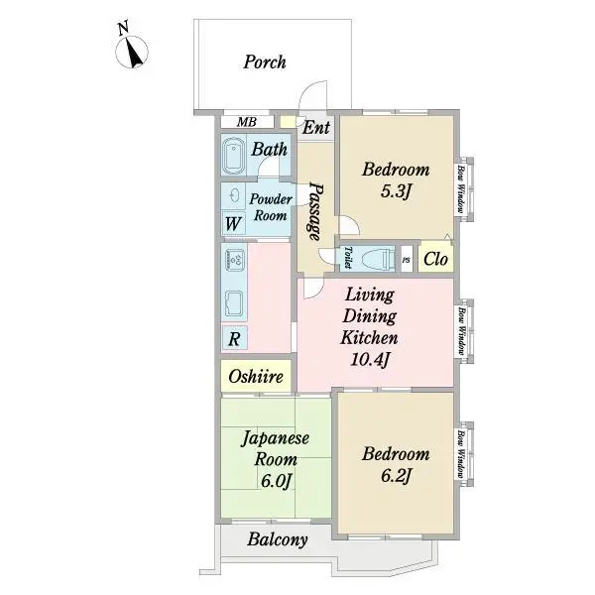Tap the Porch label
point(265,61)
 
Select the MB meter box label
point(247,122)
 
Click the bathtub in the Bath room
point(233,156)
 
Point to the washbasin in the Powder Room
point(234,195)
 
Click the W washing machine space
point(233,223)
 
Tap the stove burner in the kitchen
point(234,260)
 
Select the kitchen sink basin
point(234,303)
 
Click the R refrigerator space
point(234,338)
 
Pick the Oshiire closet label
point(256,377)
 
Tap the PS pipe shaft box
point(407,260)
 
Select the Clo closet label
point(435,259)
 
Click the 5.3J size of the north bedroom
point(396,191)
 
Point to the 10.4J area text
point(370,359)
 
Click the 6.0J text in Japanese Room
point(276,481)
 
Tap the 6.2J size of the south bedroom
point(396,476)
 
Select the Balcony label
point(278,539)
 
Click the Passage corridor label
point(315,212)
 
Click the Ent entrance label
point(316,127)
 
